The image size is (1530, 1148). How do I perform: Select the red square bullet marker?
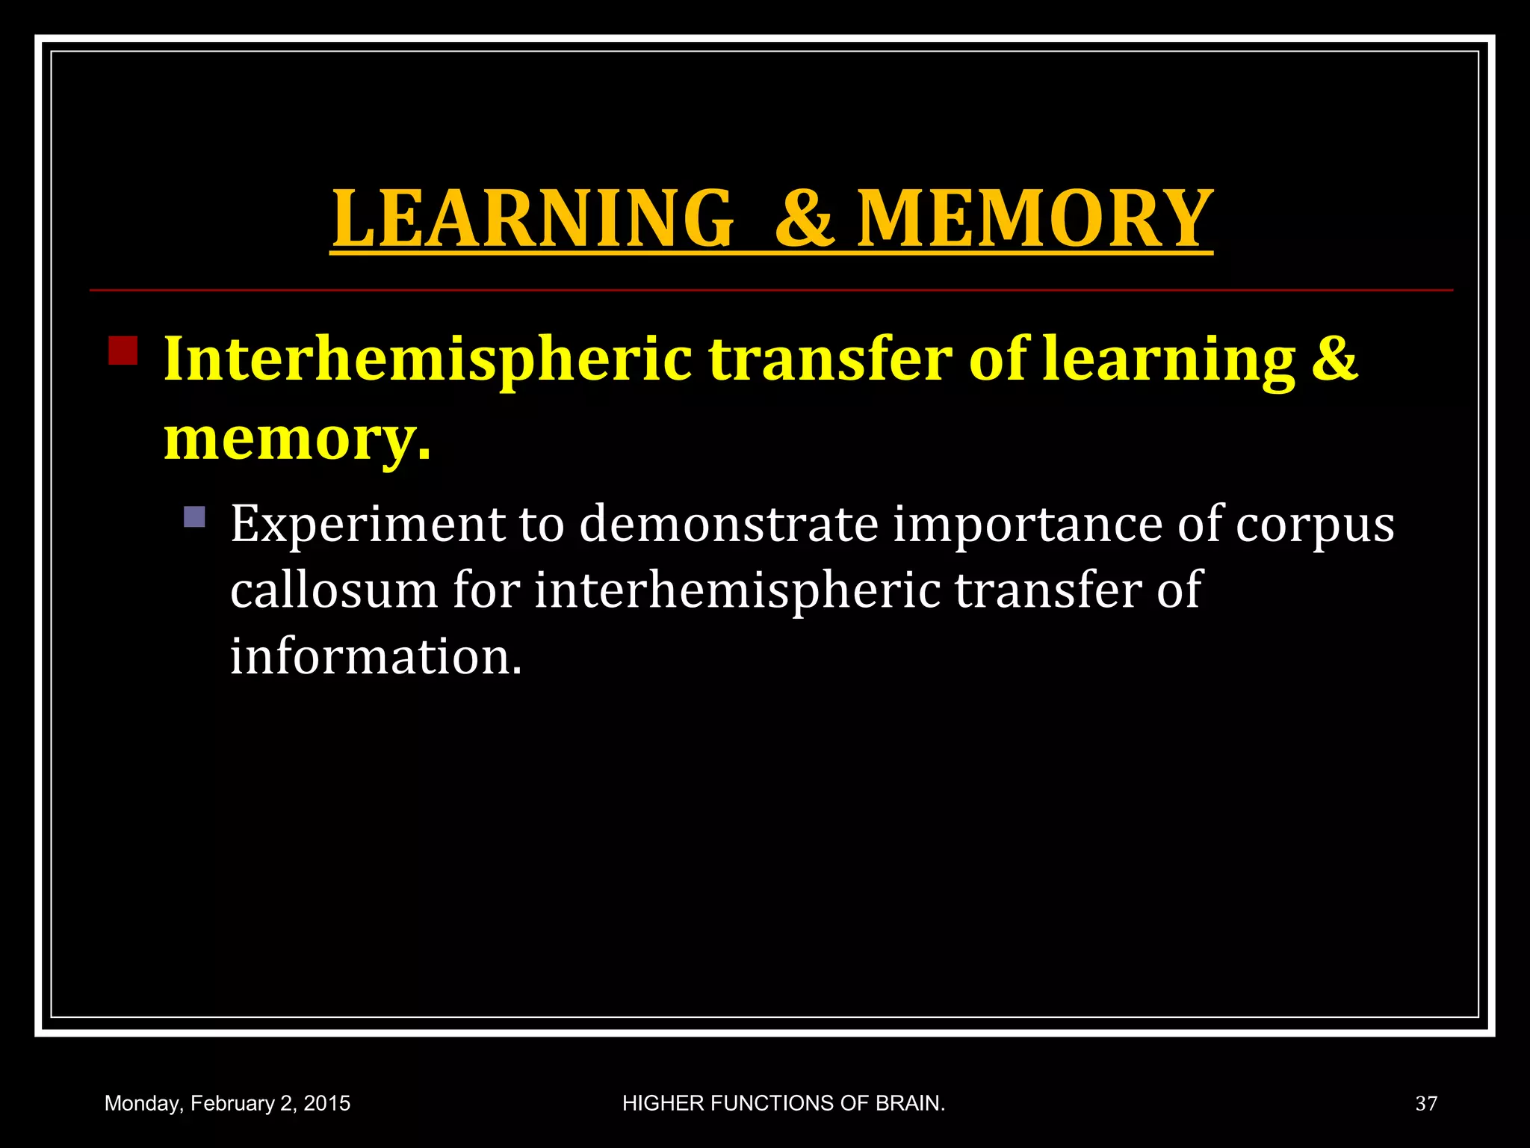pos(123,351)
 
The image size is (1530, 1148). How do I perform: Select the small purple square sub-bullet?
pos(194,517)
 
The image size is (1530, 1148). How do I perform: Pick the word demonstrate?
pos(728,525)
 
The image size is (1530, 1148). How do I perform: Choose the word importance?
pos(1027,525)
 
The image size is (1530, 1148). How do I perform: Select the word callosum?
pos(333,590)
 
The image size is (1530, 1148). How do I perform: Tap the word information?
pos(375,657)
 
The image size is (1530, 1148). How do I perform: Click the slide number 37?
pos(1426,1104)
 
